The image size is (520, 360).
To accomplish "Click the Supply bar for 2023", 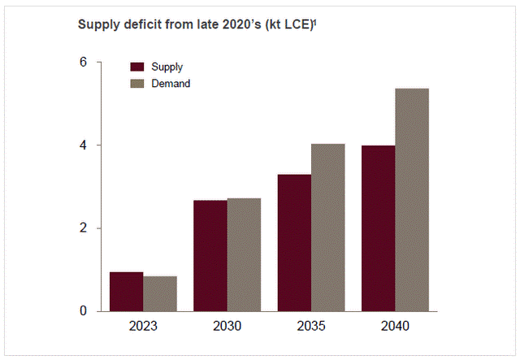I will (x=126, y=292).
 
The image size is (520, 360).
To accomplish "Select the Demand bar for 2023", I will (x=160, y=294).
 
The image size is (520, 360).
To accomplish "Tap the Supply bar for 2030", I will (x=210, y=255).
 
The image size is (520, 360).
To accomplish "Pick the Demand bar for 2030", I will (x=244, y=254).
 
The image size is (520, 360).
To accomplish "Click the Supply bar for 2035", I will (x=294, y=243).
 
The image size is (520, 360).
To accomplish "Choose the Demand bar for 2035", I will (x=328, y=228).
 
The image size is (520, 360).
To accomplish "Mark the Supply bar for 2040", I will (x=378, y=228).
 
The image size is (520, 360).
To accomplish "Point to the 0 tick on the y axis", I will (x=84, y=311).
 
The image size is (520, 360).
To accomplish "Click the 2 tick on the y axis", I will (x=84, y=228).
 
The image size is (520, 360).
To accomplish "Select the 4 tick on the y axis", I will (x=84, y=145).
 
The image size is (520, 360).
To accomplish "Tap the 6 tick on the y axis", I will (x=84, y=63).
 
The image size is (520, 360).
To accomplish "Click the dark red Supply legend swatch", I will (x=136, y=67).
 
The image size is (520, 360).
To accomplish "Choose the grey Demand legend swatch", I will (x=136, y=83).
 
